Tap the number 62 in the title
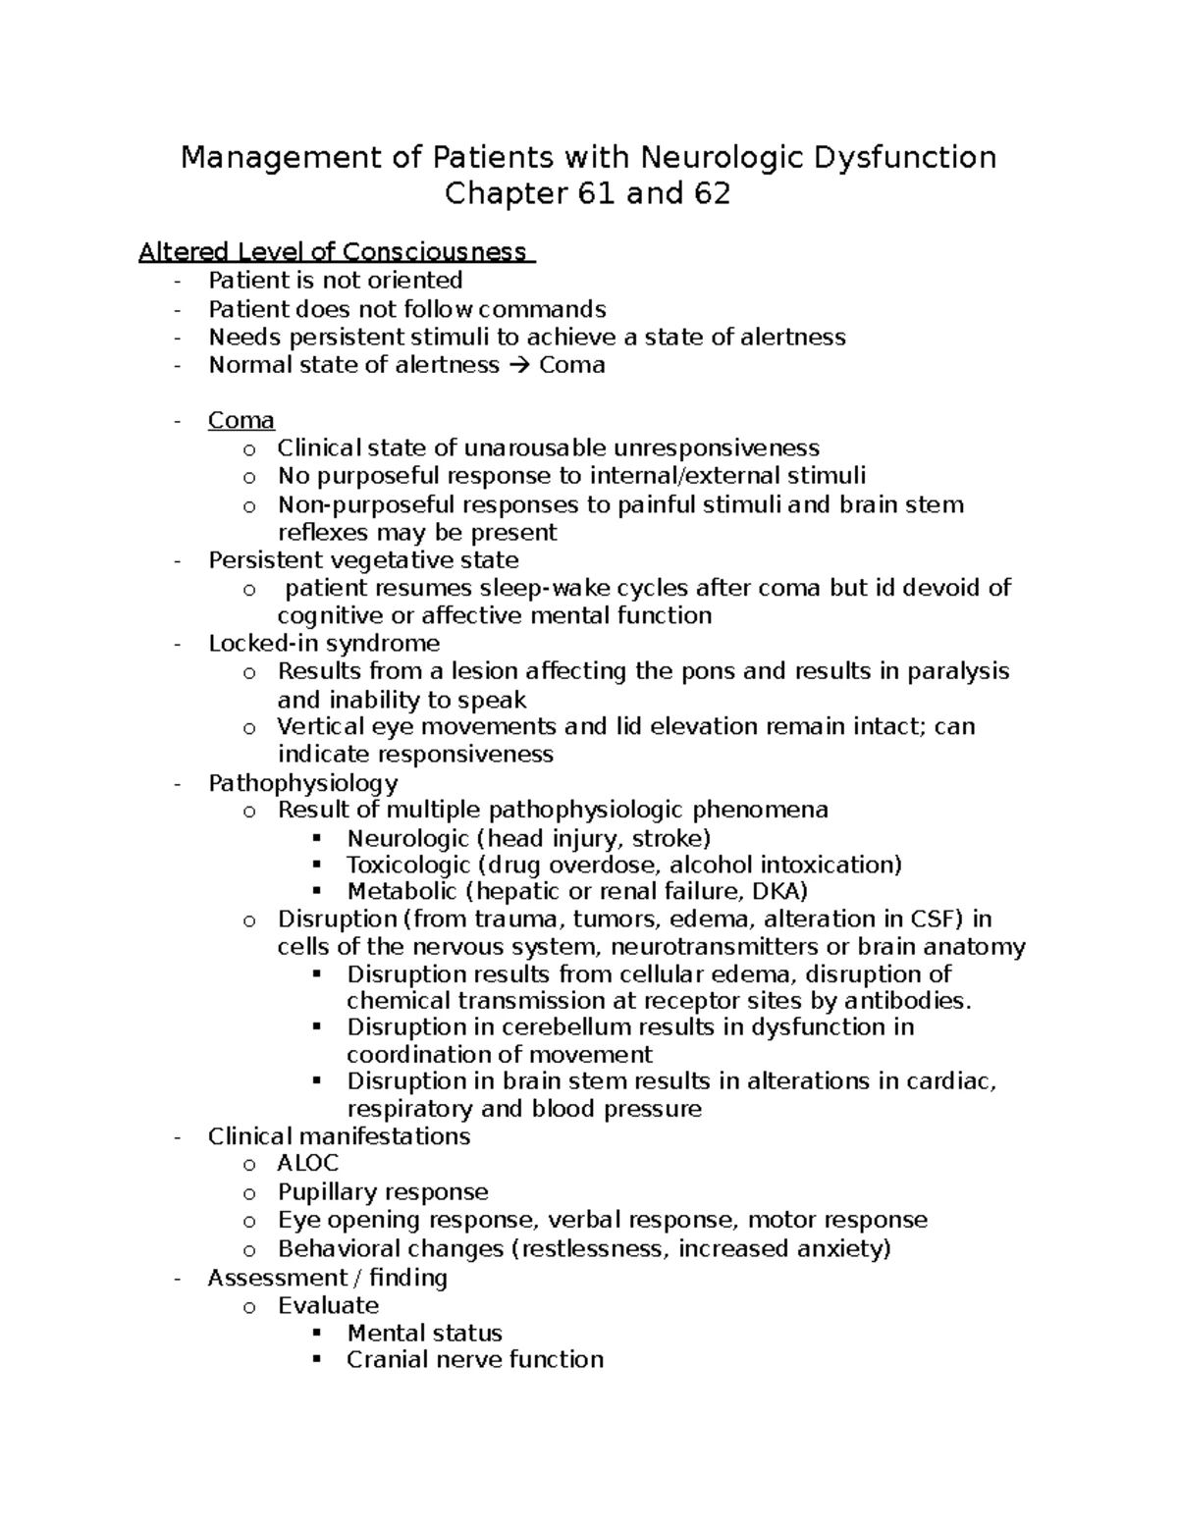(711, 194)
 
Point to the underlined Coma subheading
(241, 421)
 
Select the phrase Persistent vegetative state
(363, 560)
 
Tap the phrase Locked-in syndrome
(324, 644)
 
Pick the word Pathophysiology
(302, 783)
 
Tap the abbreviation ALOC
(308, 1164)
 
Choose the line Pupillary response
(383, 1192)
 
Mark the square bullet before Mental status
(316, 1334)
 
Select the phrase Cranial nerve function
(475, 1360)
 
